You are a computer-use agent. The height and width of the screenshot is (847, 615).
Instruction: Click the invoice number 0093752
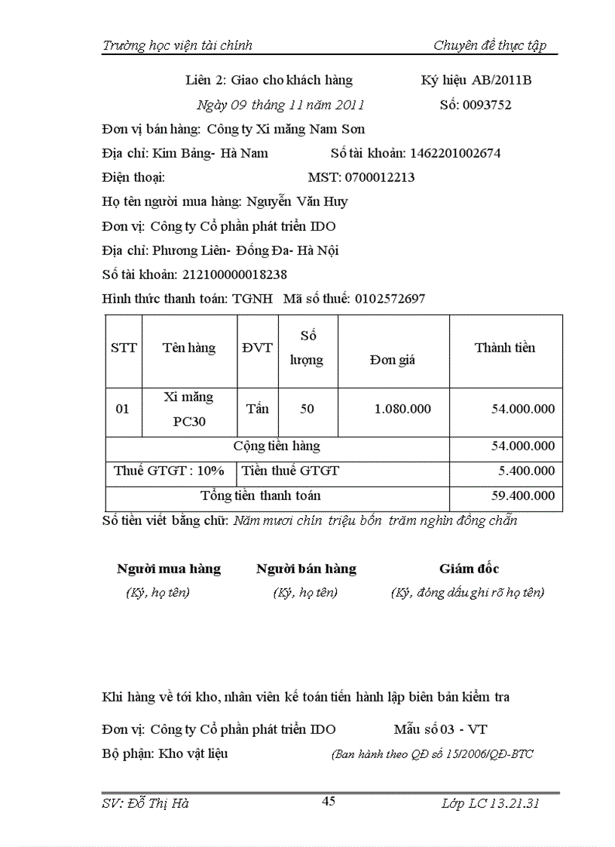point(486,105)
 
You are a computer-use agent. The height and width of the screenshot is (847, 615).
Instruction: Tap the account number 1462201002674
point(455,153)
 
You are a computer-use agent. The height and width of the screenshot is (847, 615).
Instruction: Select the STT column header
point(124,348)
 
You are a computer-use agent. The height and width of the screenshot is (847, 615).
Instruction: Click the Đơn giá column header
point(393,360)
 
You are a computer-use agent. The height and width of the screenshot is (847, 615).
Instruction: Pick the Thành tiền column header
point(505,348)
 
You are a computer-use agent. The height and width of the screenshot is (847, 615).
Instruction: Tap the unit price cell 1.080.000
point(402,409)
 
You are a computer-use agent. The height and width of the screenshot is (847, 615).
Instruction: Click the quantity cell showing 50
point(307,409)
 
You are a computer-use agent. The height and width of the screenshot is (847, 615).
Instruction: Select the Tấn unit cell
point(257,409)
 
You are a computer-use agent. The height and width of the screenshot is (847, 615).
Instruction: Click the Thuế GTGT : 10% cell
point(169,471)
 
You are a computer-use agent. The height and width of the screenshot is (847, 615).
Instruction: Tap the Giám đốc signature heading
point(469,569)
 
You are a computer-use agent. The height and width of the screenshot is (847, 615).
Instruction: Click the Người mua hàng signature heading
point(169,569)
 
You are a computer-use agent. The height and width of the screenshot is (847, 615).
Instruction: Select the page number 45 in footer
point(329,802)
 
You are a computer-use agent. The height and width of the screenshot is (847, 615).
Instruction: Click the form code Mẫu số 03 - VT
point(440,729)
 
